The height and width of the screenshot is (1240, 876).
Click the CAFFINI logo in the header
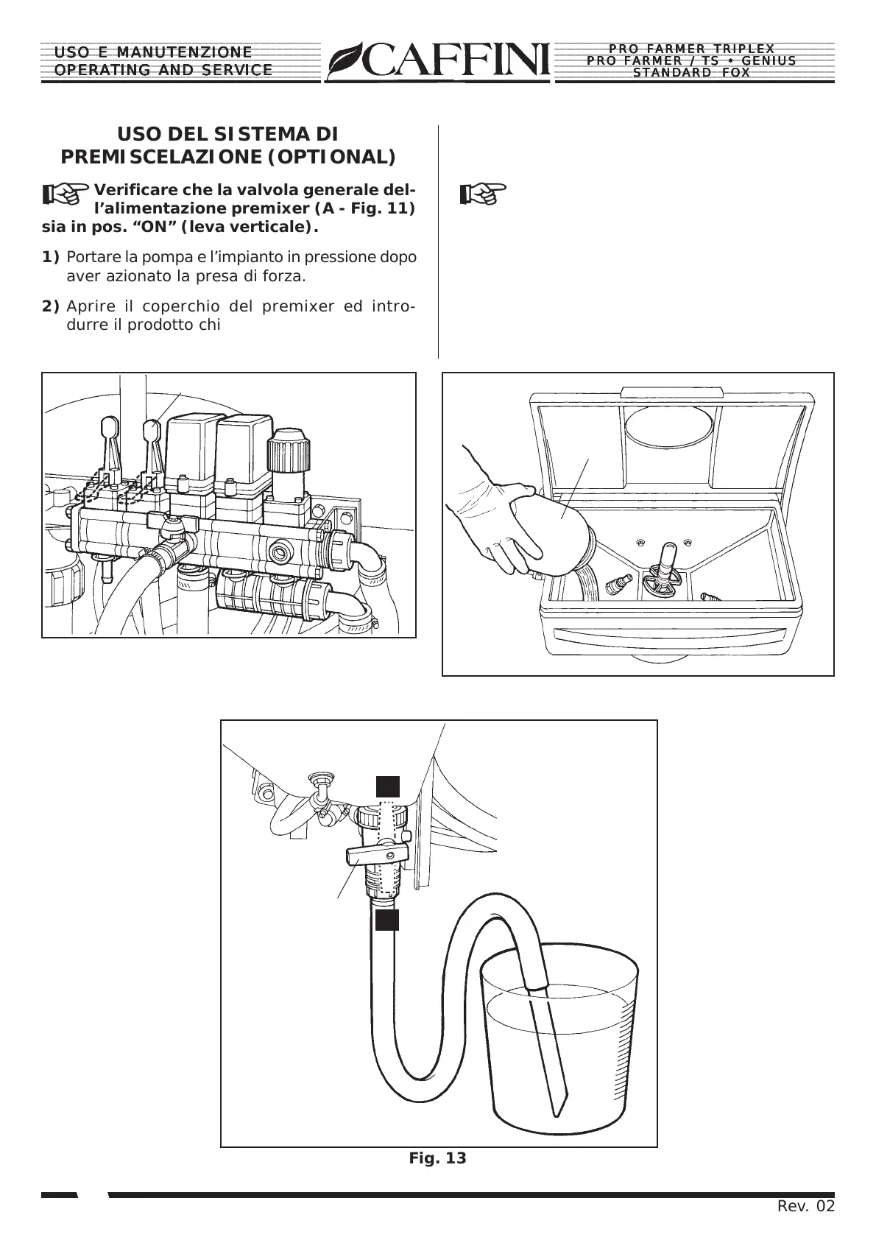pos(439,60)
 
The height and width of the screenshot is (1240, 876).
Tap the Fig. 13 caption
pos(437,1158)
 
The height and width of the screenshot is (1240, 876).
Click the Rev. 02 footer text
pos(806,1206)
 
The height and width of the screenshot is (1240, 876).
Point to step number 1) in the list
pos(50,258)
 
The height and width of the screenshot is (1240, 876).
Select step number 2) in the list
pos(50,306)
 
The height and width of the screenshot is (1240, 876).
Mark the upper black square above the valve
pos(388,786)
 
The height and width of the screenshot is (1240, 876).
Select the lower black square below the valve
pos(387,920)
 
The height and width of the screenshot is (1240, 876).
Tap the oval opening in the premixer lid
pos(668,425)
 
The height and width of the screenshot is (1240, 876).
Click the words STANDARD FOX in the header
pos(691,73)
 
